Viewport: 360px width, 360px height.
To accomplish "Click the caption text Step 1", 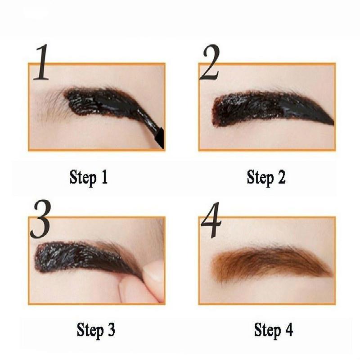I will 89,177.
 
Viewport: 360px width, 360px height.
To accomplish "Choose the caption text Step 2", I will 266,177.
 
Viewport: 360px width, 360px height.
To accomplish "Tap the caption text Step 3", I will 95,330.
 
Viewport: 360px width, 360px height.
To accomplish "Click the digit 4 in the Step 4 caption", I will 288,330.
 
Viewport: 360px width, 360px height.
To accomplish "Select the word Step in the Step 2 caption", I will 258,177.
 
